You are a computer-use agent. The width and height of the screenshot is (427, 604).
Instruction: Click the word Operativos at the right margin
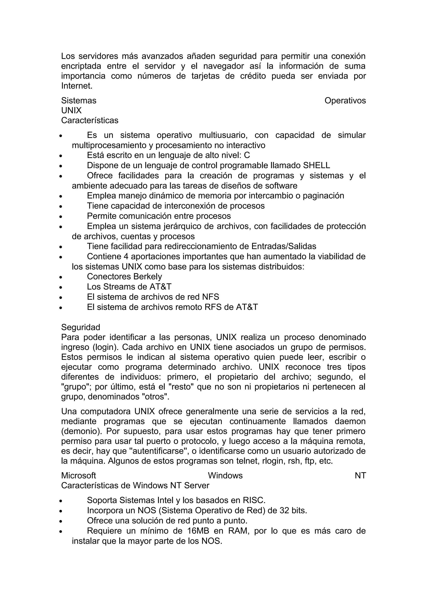(x=345, y=100)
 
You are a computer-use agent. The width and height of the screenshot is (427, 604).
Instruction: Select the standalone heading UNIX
(x=71, y=110)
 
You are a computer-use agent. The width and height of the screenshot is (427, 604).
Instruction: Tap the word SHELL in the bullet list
(x=316, y=165)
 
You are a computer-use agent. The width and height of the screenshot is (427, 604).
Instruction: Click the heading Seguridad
(x=80, y=327)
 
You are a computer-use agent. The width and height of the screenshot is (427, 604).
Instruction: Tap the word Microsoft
(x=78, y=476)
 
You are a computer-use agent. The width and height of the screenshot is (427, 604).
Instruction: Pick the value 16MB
(x=198, y=531)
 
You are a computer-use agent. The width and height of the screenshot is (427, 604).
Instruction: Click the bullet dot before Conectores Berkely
(x=60, y=277)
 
